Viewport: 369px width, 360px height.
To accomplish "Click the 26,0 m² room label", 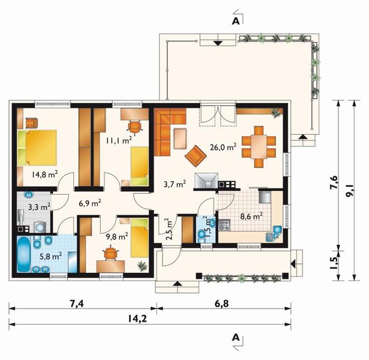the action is (x=223, y=147).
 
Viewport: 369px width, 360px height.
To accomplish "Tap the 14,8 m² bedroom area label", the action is (x=45, y=174).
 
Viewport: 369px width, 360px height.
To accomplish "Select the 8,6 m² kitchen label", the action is (x=252, y=216).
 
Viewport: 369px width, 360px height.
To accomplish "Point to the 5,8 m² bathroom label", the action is (x=51, y=256).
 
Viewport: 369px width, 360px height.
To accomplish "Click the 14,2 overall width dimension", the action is (x=138, y=319).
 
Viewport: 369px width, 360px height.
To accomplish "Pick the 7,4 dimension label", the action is (x=77, y=304).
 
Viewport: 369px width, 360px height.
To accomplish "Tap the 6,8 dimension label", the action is (x=221, y=304).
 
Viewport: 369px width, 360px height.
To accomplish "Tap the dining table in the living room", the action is (x=259, y=146).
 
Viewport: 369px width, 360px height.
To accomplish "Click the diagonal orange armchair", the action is (x=196, y=156).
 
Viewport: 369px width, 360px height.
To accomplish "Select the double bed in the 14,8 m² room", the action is (x=37, y=147).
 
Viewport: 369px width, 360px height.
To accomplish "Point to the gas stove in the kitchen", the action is (x=225, y=225).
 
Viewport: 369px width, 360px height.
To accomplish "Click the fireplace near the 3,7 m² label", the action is (x=206, y=181).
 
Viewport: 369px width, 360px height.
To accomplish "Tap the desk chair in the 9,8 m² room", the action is (x=110, y=253).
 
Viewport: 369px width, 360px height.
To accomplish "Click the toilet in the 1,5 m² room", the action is (x=202, y=236).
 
